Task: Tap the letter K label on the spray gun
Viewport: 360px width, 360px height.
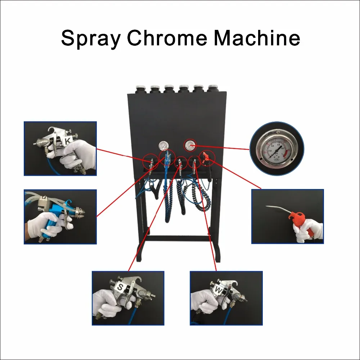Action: point(67,141)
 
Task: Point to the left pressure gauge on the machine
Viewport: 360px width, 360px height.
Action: point(163,146)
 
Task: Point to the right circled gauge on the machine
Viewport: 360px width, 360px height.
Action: point(188,145)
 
